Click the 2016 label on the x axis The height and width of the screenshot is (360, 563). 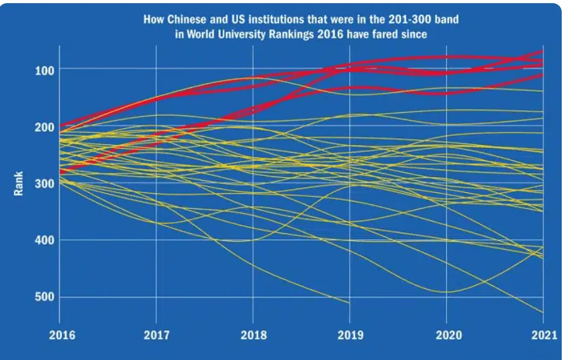click(61, 336)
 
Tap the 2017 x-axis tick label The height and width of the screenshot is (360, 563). click(156, 336)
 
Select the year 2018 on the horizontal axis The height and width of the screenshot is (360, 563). click(253, 336)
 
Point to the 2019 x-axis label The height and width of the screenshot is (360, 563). click(349, 336)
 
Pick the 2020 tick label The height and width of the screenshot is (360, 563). click(446, 336)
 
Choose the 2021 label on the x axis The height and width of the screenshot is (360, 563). click(543, 336)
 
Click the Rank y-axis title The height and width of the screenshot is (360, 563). click(19, 183)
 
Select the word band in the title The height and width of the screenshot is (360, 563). click(447, 20)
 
